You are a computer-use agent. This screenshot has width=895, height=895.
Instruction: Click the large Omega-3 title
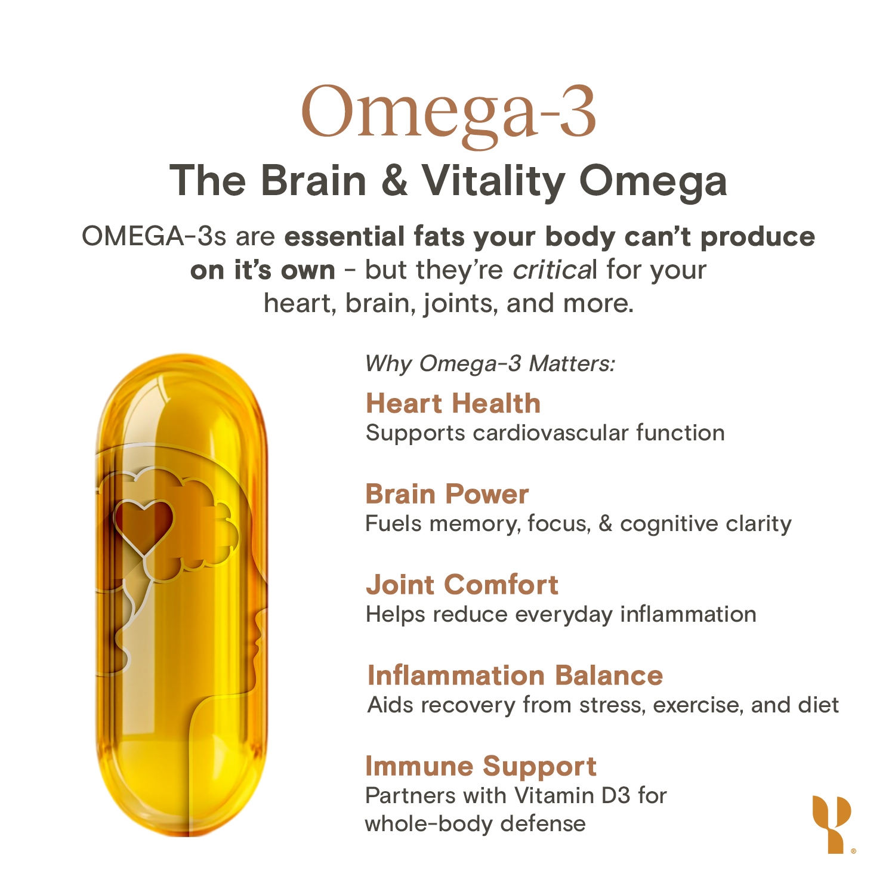pos(448,112)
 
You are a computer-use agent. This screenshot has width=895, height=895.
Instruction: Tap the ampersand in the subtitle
pos(394,180)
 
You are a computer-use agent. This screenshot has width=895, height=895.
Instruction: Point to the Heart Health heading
pos(453,403)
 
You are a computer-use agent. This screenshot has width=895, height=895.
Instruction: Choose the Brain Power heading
pos(447,494)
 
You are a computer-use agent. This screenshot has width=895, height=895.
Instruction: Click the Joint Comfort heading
pos(462,585)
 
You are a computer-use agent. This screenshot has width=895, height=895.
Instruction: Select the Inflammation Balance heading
pos(515,675)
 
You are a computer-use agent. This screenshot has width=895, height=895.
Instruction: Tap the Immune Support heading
pos(481,767)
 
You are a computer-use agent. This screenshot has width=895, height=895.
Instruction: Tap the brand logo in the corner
pos(832,823)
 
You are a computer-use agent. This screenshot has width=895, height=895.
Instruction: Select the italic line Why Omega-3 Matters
pos(490,363)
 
